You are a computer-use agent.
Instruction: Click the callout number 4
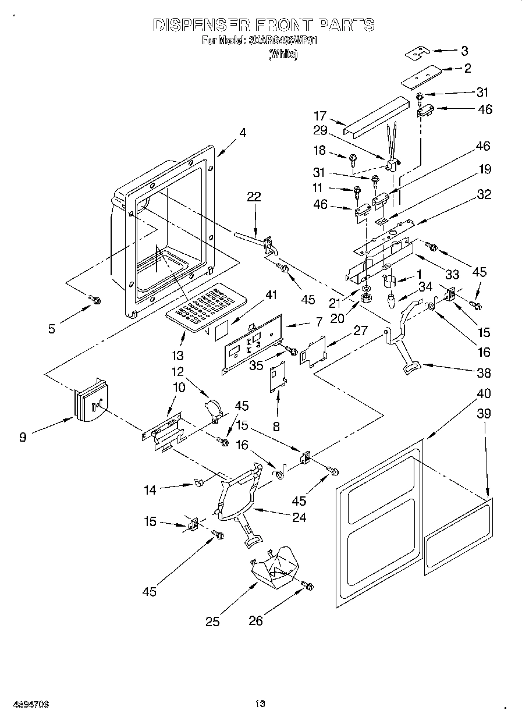(x=242, y=133)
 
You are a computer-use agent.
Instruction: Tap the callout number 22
(x=254, y=197)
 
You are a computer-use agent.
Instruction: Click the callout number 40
(x=484, y=393)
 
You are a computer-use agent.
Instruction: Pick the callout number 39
(x=484, y=414)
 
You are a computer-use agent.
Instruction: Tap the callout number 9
(x=22, y=436)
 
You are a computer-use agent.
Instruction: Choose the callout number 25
(x=213, y=621)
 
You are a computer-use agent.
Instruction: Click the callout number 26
(x=255, y=621)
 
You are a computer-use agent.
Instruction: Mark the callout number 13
(x=177, y=356)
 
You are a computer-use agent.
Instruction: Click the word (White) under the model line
(x=283, y=55)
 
